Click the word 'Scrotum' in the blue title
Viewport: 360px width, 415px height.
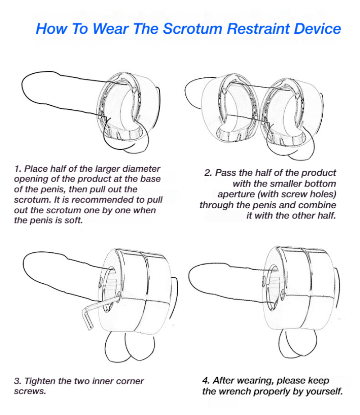coord(192,29)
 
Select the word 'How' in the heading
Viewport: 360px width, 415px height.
coord(51,29)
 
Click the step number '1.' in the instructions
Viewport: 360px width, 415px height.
coord(18,169)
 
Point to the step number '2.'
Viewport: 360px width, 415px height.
coord(208,173)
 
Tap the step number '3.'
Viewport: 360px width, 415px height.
coord(18,381)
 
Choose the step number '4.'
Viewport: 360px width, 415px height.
coord(207,380)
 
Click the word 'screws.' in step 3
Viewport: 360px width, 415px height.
coord(30,391)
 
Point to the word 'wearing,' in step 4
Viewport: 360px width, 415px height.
coord(256,381)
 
